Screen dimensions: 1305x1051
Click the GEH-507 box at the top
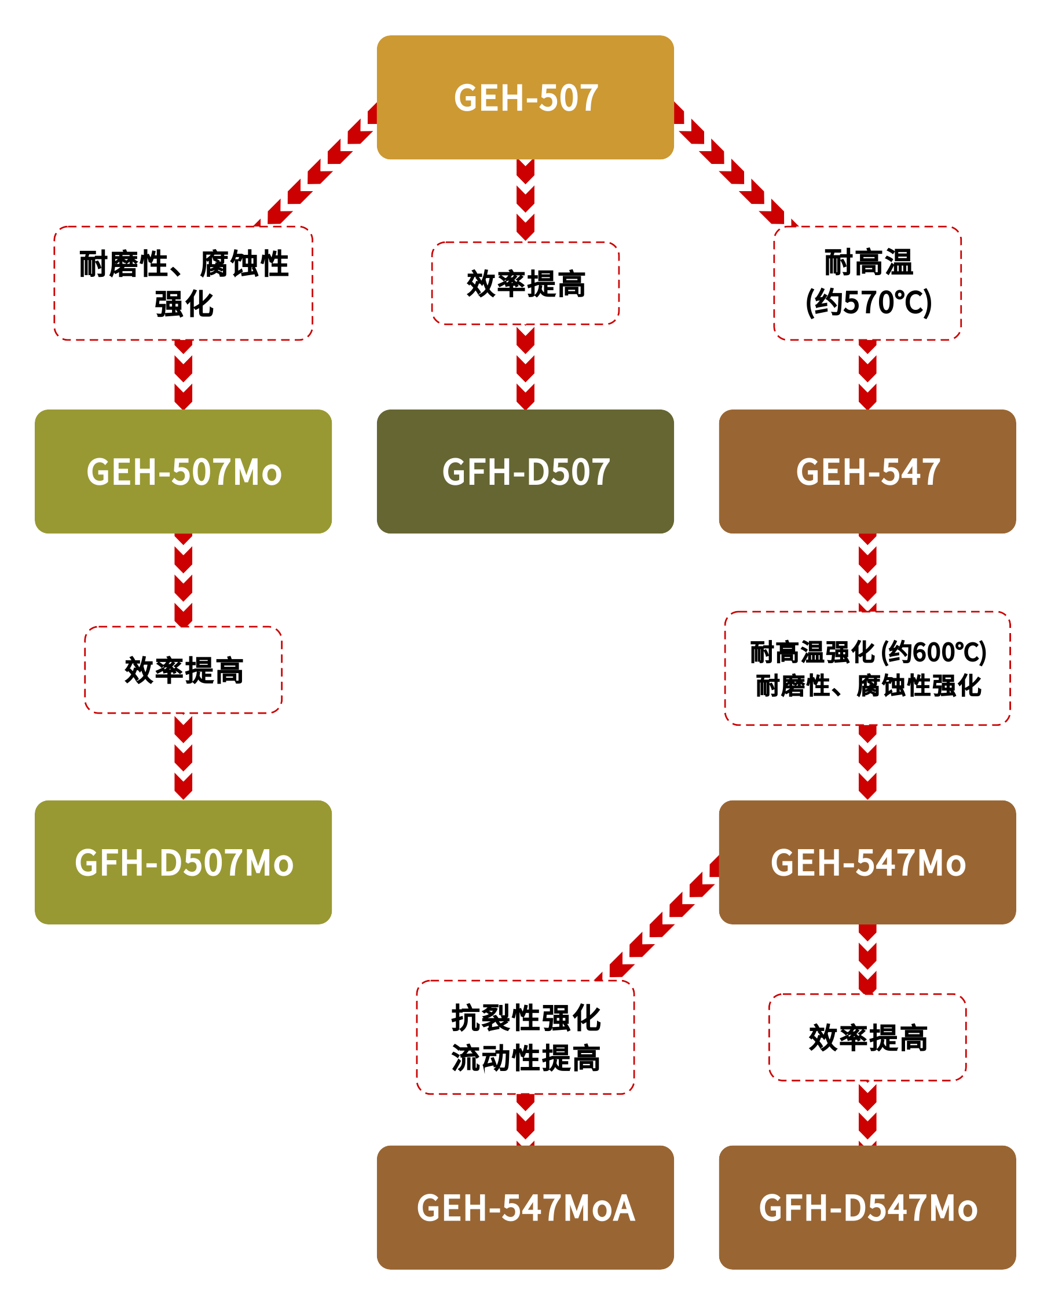pyautogui.click(x=525, y=97)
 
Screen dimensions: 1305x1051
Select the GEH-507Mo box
pyautogui.click(x=183, y=471)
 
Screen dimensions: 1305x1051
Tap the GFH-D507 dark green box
pyautogui.click(x=525, y=471)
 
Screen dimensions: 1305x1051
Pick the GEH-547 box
pyautogui.click(x=867, y=471)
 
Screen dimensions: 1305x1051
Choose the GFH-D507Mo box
pyautogui.click(x=183, y=862)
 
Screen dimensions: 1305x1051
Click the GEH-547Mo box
pyautogui.click(x=867, y=862)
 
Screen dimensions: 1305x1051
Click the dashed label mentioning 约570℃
pyautogui.click(x=867, y=283)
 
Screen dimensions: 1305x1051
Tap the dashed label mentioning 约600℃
pyautogui.click(x=867, y=668)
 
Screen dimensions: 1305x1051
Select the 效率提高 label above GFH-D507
pyautogui.click(x=525, y=283)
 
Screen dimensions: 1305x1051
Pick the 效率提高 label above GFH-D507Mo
pyautogui.click(x=183, y=670)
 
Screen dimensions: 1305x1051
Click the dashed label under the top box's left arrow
pyautogui.click(x=183, y=283)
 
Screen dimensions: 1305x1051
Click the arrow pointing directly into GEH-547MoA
pyautogui.click(x=525, y=1119)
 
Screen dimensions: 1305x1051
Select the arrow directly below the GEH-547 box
pyautogui.click(x=867, y=572)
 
